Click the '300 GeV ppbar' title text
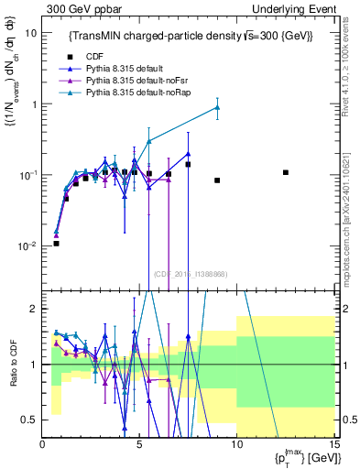pos(81,8)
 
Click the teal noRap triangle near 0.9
pos(217,107)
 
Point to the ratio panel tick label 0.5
pos(30,420)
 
